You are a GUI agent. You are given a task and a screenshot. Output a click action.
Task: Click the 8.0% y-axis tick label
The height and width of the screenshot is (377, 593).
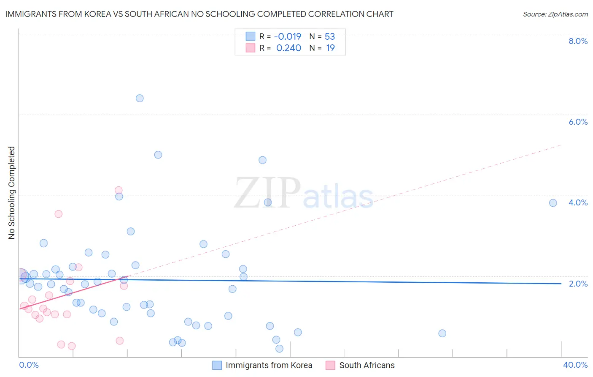click(x=578, y=41)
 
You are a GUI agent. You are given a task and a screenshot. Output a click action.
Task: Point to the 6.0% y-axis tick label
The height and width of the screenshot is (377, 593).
click(x=578, y=122)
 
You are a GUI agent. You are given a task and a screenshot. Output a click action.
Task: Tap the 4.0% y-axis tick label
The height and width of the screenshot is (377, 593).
click(x=578, y=202)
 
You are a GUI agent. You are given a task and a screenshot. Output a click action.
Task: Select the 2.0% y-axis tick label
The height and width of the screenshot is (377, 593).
click(x=578, y=284)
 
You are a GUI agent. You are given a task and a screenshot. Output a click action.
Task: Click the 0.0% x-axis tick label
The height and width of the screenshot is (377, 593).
click(x=29, y=365)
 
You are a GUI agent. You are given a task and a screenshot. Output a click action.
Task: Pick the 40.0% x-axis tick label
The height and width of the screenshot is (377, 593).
click(x=575, y=365)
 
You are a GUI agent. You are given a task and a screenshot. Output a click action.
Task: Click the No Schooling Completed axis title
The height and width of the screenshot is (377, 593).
click(x=12, y=193)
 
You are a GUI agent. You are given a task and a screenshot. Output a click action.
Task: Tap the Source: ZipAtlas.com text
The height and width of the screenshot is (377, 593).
click(x=555, y=14)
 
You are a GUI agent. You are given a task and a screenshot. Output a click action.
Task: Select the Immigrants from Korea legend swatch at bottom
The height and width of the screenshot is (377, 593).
click(x=217, y=365)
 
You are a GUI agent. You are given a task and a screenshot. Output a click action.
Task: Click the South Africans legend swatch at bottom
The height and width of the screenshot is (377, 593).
click(x=330, y=365)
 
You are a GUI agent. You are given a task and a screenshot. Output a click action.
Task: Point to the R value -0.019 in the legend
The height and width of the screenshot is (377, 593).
click(x=288, y=36)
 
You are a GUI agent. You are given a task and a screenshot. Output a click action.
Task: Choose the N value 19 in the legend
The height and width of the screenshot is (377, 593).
click(x=330, y=48)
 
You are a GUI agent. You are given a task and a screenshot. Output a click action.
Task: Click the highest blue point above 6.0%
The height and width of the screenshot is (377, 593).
click(x=140, y=98)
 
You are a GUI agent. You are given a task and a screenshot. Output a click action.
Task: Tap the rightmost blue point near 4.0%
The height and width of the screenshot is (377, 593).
click(x=553, y=203)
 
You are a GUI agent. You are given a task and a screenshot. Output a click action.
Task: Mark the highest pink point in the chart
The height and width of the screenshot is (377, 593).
click(x=119, y=190)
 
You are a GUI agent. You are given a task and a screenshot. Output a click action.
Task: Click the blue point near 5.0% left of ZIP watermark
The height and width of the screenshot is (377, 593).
click(x=158, y=155)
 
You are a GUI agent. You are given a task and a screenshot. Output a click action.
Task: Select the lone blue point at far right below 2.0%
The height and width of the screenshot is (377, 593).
click(x=442, y=333)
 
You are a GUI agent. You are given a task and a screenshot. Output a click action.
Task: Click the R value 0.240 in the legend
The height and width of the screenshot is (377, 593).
click(x=288, y=48)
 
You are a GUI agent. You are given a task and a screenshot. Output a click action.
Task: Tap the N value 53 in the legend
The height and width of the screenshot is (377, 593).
click(x=330, y=36)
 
